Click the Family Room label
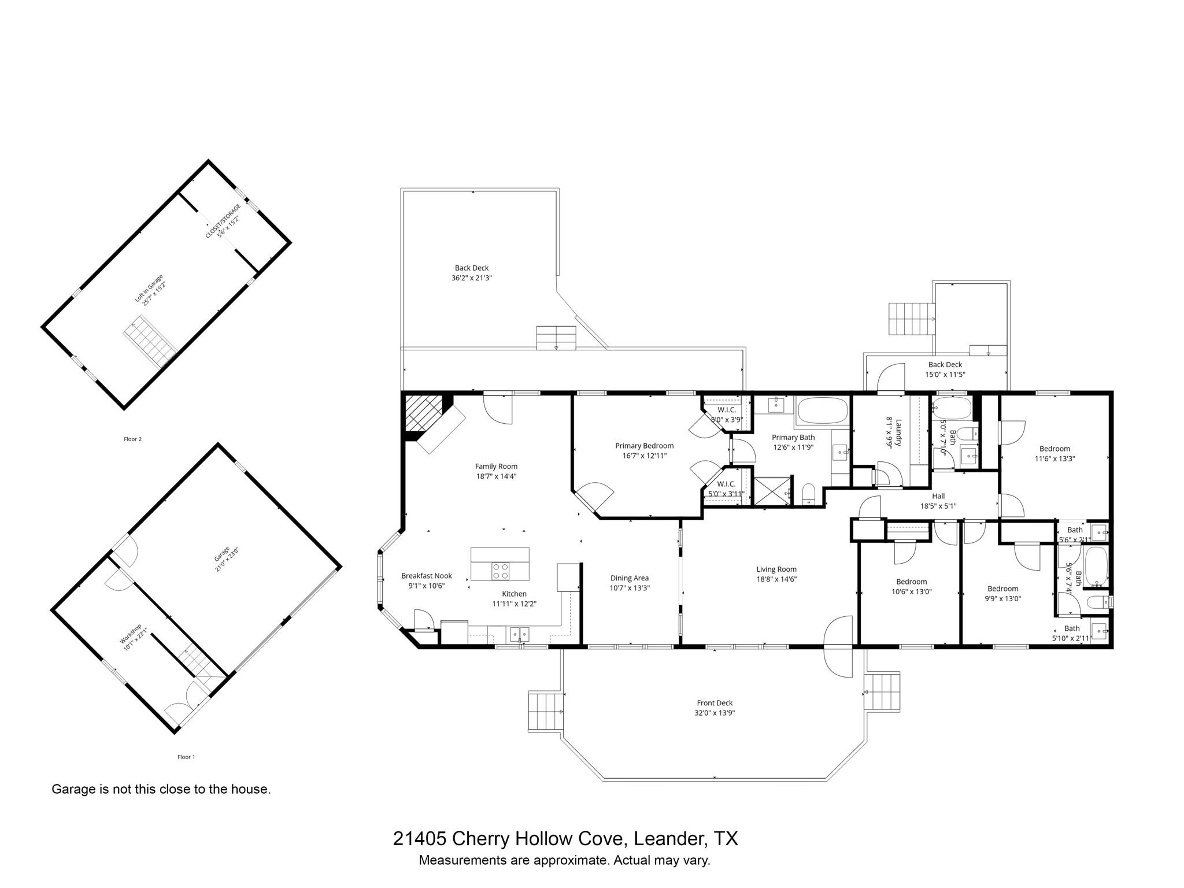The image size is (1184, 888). (x=496, y=467)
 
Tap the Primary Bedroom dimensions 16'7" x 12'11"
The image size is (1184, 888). (x=644, y=456)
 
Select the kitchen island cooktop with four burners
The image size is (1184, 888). (x=501, y=571)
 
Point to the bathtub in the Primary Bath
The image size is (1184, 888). (x=822, y=411)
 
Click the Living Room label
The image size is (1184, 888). (x=776, y=569)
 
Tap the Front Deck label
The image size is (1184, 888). (x=715, y=703)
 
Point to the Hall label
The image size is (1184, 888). (x=938, y=496)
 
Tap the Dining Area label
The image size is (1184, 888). (x=630, y=578)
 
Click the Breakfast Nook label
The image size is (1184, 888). (x=427, y=576)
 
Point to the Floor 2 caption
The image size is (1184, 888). (x=132, y=439)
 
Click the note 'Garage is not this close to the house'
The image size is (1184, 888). (x=161, y=789)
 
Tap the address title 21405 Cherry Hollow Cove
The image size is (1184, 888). (x=565, y=838)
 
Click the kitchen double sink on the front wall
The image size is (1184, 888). (x=520, y=634)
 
